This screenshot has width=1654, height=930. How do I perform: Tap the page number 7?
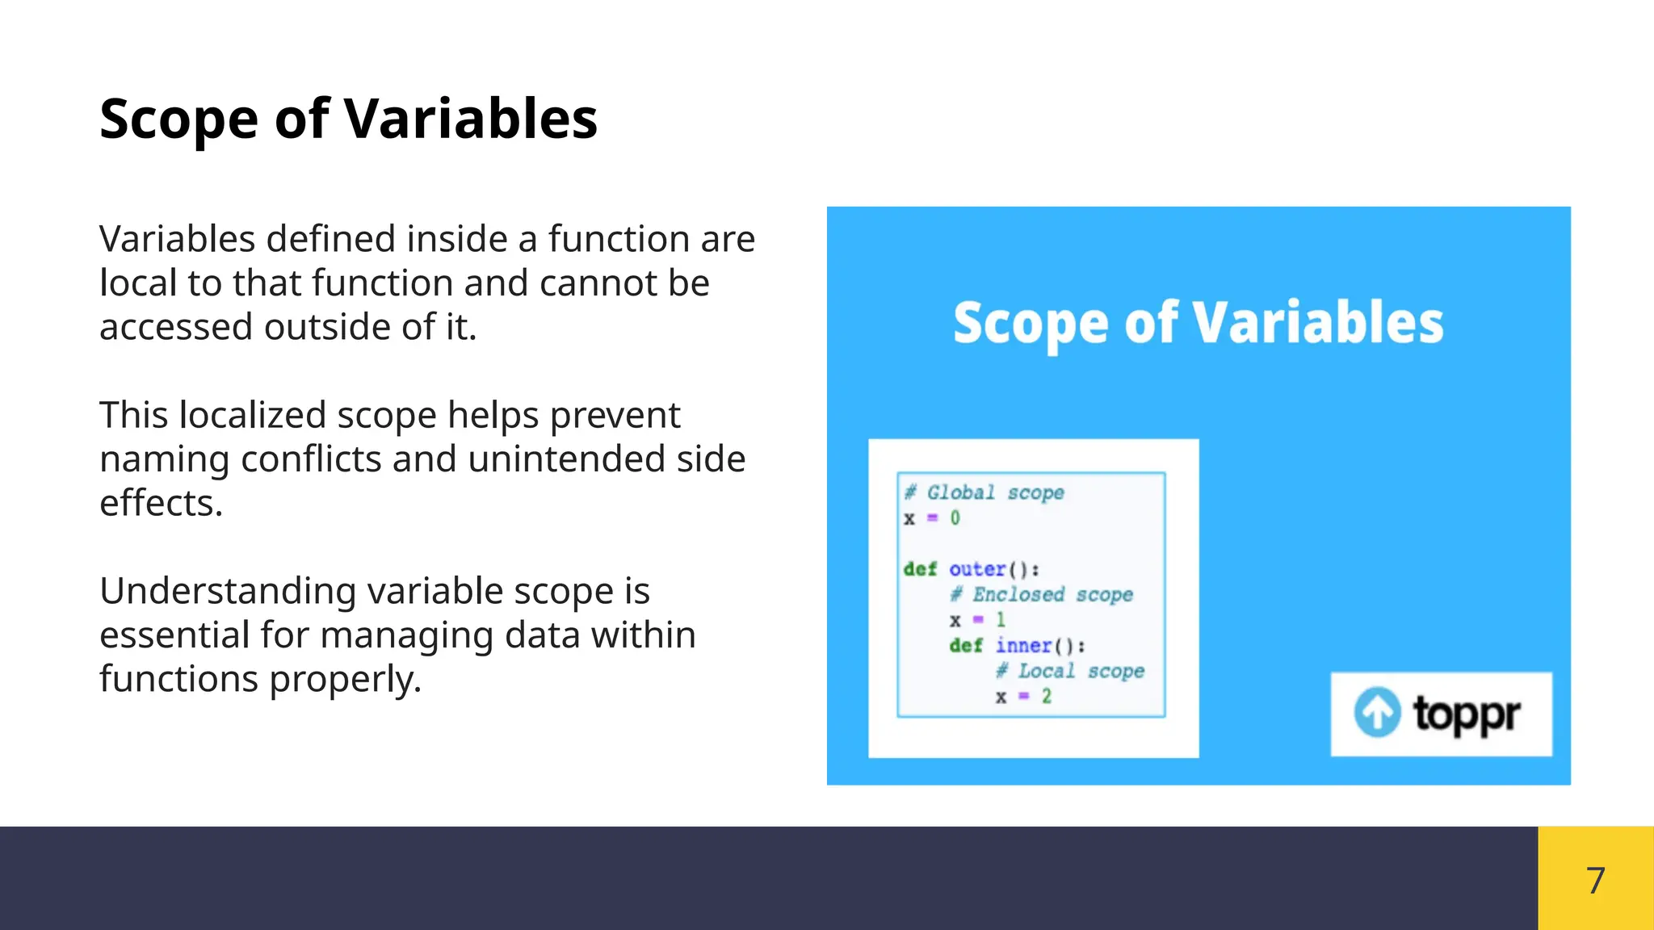click(1595, 880)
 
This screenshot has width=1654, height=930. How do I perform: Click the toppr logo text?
click(1466, 714)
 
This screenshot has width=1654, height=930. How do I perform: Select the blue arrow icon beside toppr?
click(1377, 712)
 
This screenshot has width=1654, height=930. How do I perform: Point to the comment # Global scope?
click(984, 492)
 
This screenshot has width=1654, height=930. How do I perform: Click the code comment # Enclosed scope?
click(1042, 595)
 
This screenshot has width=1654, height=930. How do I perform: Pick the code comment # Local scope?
click(1070, 671)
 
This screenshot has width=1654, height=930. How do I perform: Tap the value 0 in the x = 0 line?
click(955, 518)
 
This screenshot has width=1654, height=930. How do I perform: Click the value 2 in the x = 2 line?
click(1047, 696)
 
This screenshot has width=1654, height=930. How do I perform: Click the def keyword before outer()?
click(920, 569)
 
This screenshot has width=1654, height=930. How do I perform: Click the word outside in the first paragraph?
click(328, 327)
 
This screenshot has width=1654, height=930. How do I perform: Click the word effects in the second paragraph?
click(161, 504)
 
